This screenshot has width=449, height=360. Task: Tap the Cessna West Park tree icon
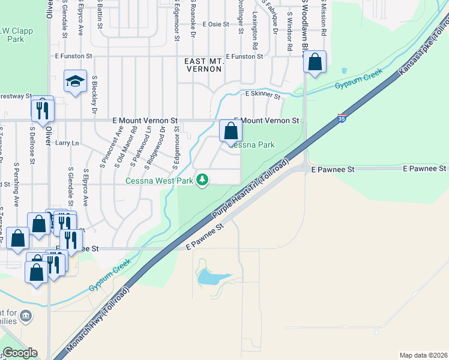click(x=203, y=179)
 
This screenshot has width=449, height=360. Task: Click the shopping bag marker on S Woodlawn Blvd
click(x=315, y=62)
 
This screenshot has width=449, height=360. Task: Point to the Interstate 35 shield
click(x=342, y=118)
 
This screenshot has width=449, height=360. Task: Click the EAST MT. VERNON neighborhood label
click(x=203, y=65)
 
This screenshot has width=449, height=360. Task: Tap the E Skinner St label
click(x=263, y=95)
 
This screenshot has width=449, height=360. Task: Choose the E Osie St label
click(x=216, y=25)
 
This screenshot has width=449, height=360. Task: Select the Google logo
click(x=19, y=353)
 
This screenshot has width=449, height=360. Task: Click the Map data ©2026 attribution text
click(x=424, y=355)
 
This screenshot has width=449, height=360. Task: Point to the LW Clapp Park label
click(x=12, y=34)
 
